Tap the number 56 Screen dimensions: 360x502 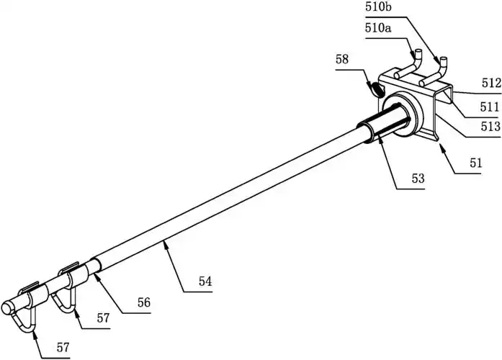pos(143,303)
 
